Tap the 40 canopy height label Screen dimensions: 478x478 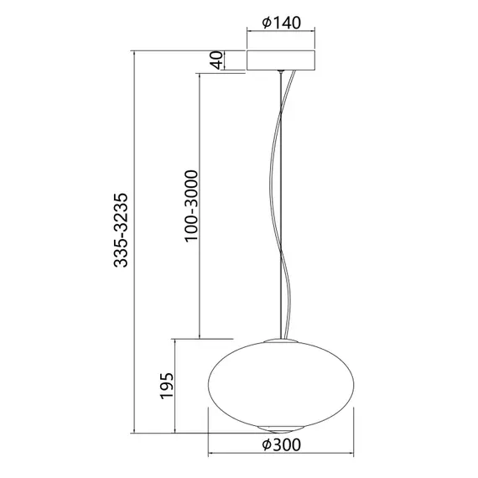[216, 60]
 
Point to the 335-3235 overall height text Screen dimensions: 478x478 [122, 231]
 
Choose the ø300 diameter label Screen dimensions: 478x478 [282, 444]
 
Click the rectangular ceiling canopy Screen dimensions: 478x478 [281, 60]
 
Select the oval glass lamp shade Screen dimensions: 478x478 [281, 382]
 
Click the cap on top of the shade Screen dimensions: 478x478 [281, 341]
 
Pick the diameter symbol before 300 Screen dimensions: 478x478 [266, 444]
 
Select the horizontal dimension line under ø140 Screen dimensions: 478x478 [281, 33]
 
